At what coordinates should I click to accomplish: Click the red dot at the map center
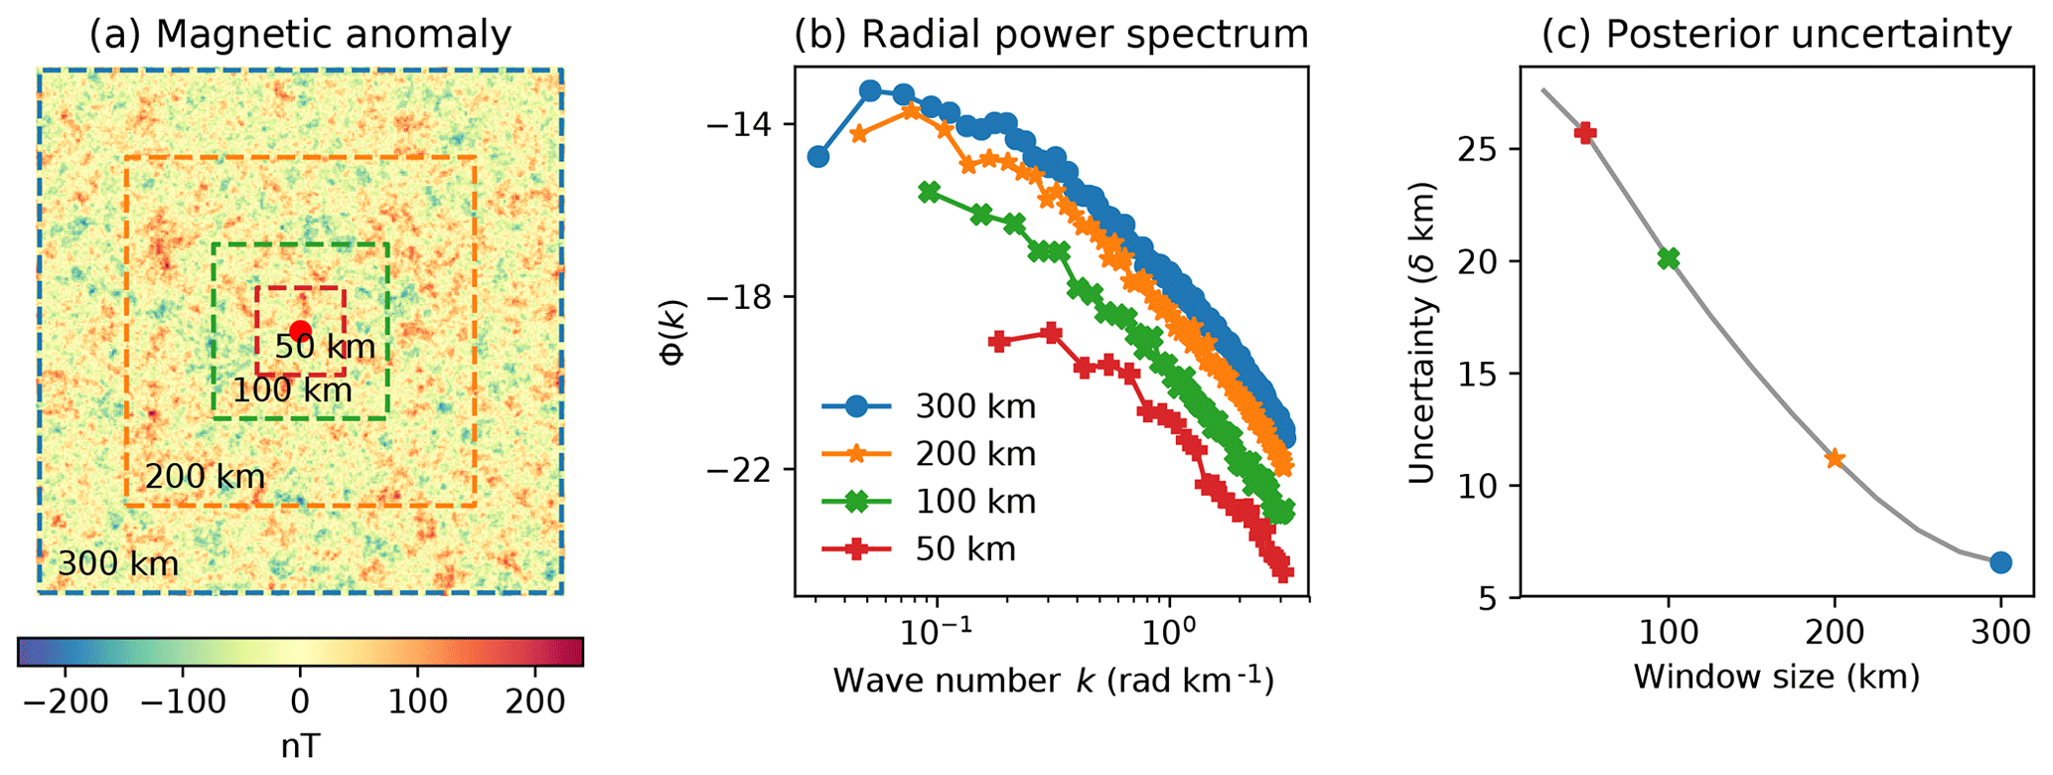click(x=300, y=332)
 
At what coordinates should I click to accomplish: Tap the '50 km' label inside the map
click(x=325, y=347)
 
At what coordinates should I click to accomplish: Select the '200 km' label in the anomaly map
click(x=205, y=477)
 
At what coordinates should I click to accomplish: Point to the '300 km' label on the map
click(x=117, y=563)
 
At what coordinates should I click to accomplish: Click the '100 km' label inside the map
click(x=292, y=389)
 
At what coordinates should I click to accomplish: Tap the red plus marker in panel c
click(x=1585, y=133)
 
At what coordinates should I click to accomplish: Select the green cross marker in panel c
click(x=1669, y=258)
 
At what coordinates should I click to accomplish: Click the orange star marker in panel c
click(x=1834, y=458)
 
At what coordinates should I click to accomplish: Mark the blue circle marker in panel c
click(x=2000, y=562)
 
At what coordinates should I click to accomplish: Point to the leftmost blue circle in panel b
click(x=817, y=156)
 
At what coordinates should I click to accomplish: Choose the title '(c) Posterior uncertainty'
click(x=1776, y=35)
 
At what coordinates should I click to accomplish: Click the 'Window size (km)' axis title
click(x=1776, y=678)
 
